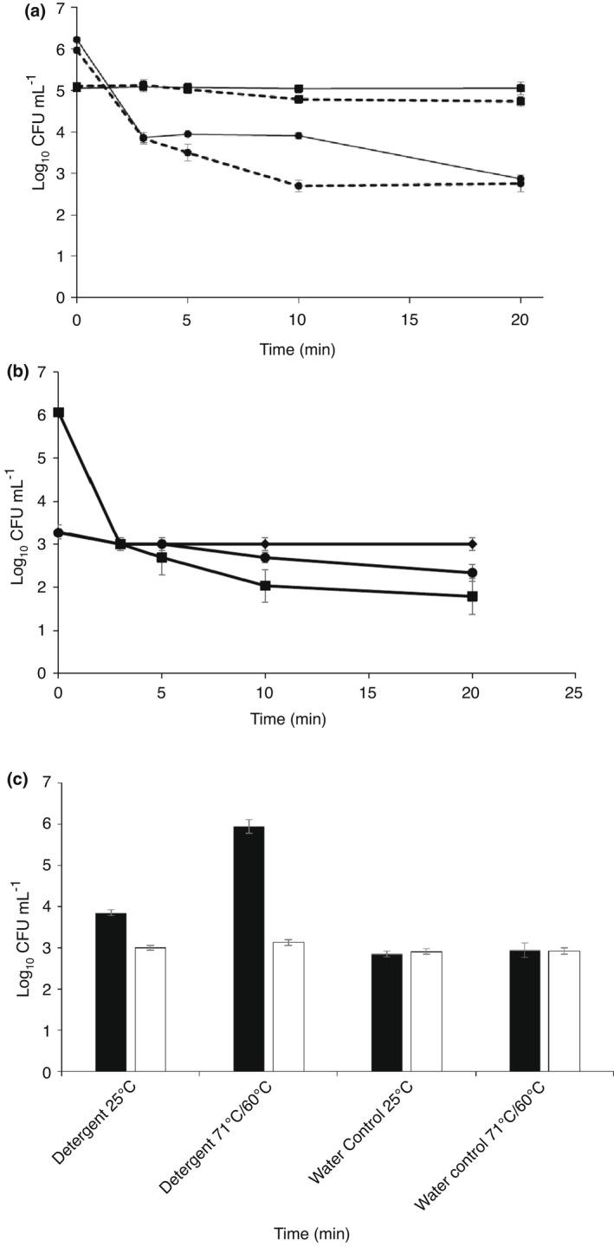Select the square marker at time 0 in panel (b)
point(58,412)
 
